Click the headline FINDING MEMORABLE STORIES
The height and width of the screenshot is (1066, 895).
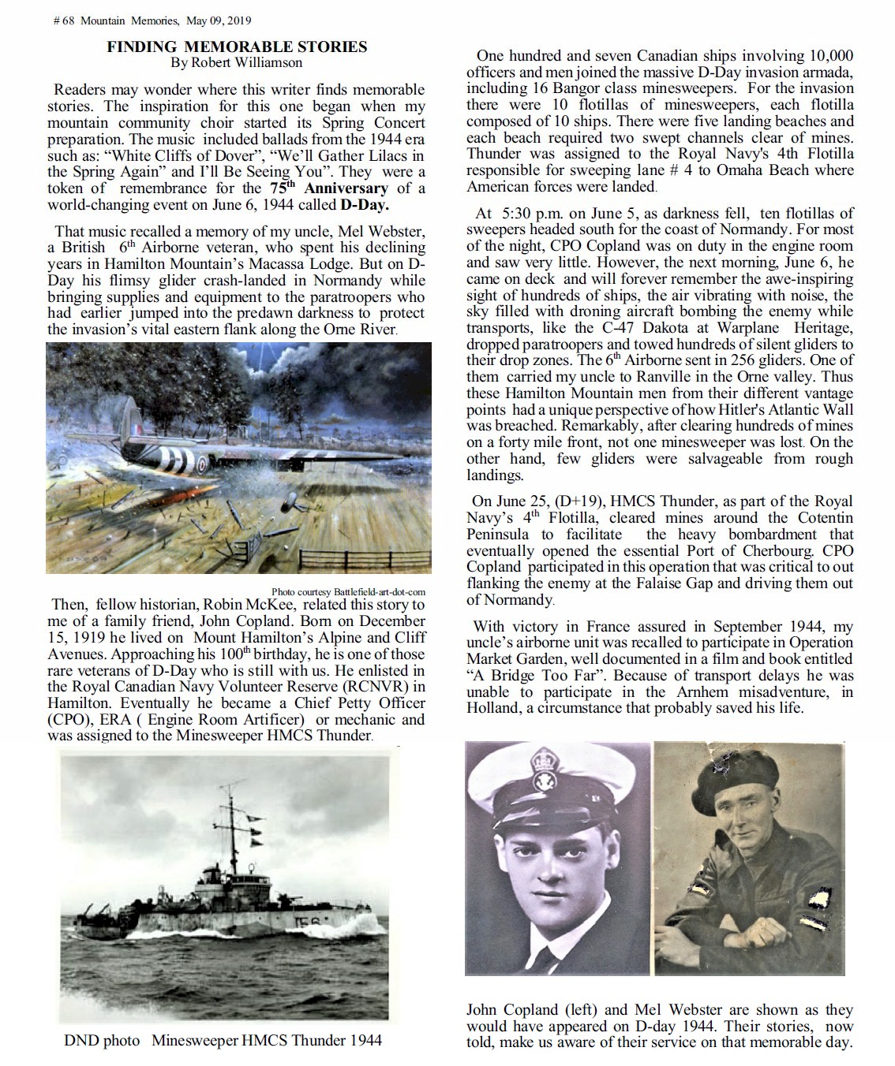237,47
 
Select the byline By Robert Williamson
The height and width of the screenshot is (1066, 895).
237,62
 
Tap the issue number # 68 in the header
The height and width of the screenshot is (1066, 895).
63,20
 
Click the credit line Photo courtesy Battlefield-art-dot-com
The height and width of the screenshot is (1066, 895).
348,592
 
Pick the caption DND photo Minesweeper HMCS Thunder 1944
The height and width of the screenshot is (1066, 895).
223,1041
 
